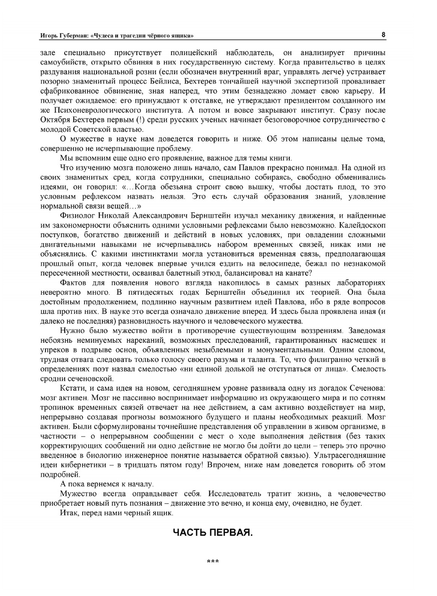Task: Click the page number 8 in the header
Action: point(383,34)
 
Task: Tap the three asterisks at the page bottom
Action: point(213,562)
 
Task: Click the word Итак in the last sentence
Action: point(68,513)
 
